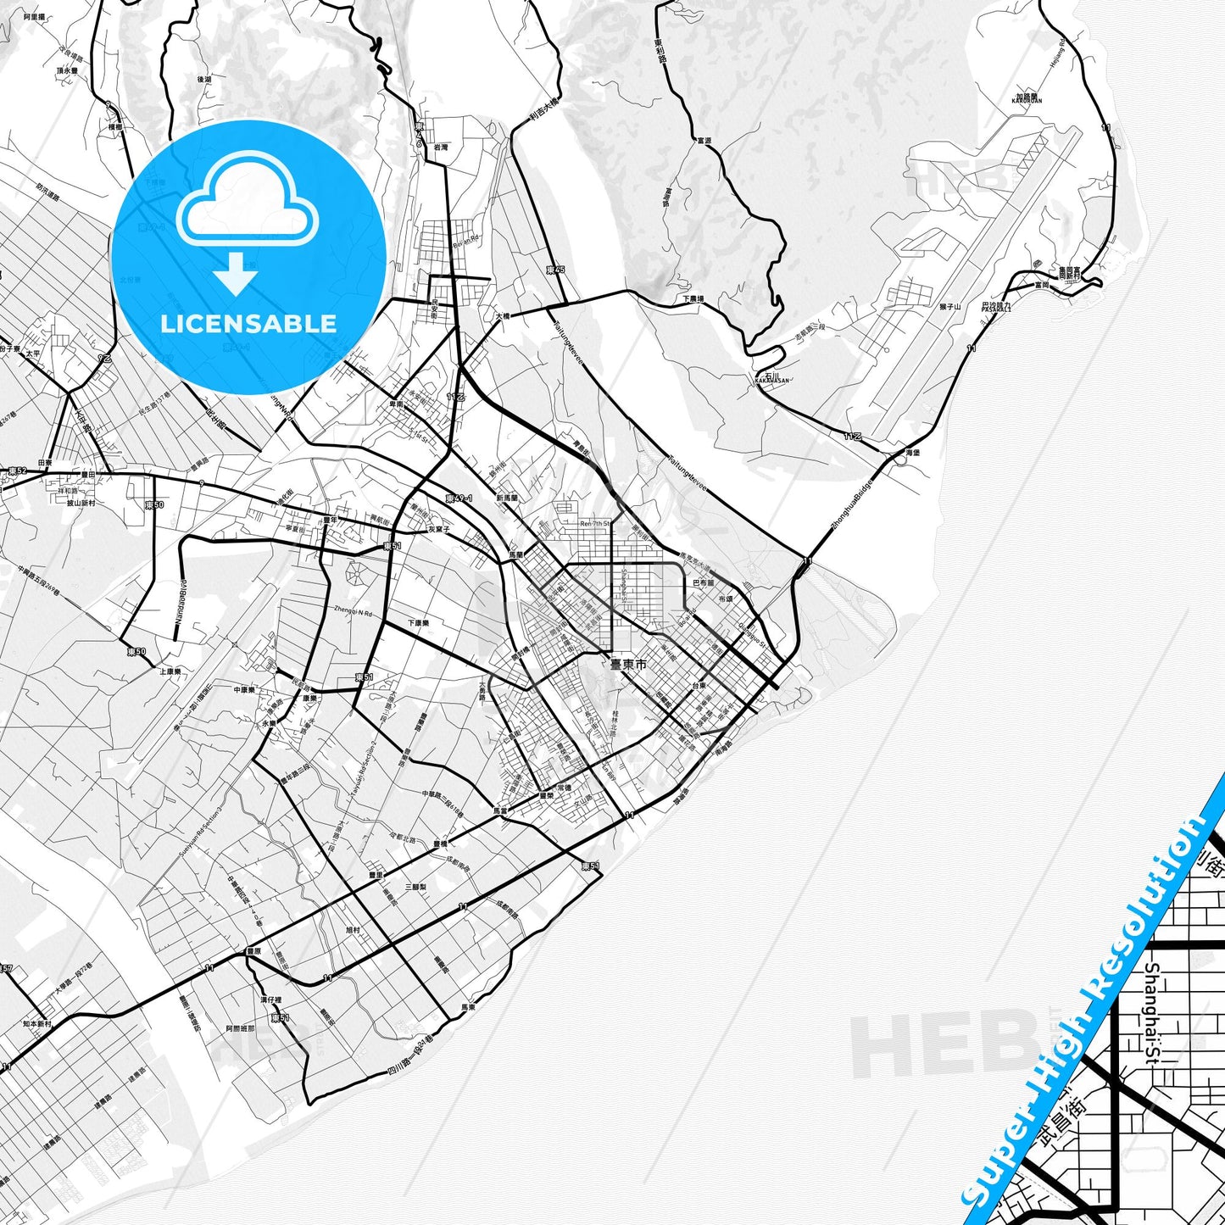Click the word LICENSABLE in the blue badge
248,324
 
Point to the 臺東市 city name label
627,665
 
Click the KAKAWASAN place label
771,381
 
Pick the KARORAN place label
1027,100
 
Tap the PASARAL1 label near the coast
996,309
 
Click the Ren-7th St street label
595,524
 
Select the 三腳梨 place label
415,886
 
